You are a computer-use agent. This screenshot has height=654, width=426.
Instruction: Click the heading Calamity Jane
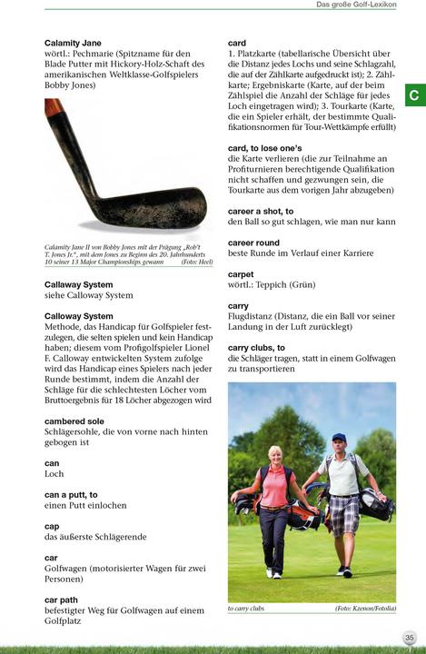73,44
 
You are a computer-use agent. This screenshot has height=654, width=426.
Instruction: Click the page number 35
410,638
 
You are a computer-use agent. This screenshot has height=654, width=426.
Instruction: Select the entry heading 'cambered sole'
74,421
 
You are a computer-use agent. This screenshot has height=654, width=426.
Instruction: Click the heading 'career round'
253,243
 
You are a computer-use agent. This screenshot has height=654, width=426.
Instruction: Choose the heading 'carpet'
241,273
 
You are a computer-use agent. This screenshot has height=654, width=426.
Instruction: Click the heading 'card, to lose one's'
264,147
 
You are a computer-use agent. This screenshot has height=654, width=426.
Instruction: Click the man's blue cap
340,437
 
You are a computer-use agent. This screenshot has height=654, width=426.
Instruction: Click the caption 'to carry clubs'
245,609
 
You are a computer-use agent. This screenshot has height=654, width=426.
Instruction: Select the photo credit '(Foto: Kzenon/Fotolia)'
366,609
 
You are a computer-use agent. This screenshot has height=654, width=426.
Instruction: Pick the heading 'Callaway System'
79,284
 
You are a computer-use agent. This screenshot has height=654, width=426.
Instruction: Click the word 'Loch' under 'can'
54,473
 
